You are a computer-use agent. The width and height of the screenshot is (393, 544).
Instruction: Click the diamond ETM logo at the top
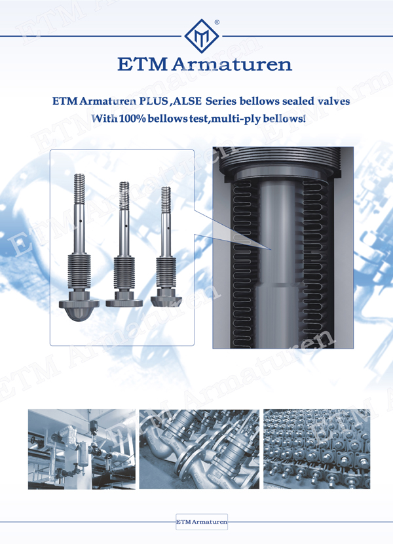(x=202, y=36)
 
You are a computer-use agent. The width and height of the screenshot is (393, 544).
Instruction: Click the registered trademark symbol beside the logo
(x=217, y=22)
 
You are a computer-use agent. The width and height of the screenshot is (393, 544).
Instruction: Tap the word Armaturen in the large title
(x=232, y=64)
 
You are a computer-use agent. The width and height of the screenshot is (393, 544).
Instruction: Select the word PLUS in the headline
(x=153, y=102)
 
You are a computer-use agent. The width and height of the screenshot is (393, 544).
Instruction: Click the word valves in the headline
(x=333, y=102)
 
